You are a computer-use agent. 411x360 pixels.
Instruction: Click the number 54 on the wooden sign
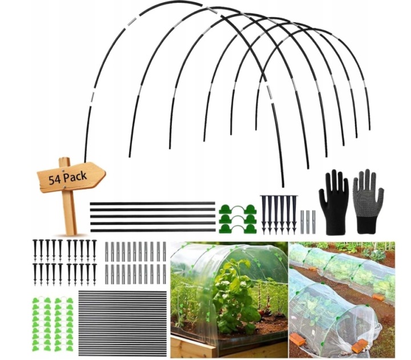click(56, 179)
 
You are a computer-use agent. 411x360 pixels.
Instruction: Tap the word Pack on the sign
click(75, 176)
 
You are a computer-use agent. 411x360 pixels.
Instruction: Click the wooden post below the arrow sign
click(69, 214)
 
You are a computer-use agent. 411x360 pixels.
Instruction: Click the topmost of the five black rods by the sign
click(152, 203)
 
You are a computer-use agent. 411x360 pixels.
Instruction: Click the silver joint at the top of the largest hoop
click(212, 11)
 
